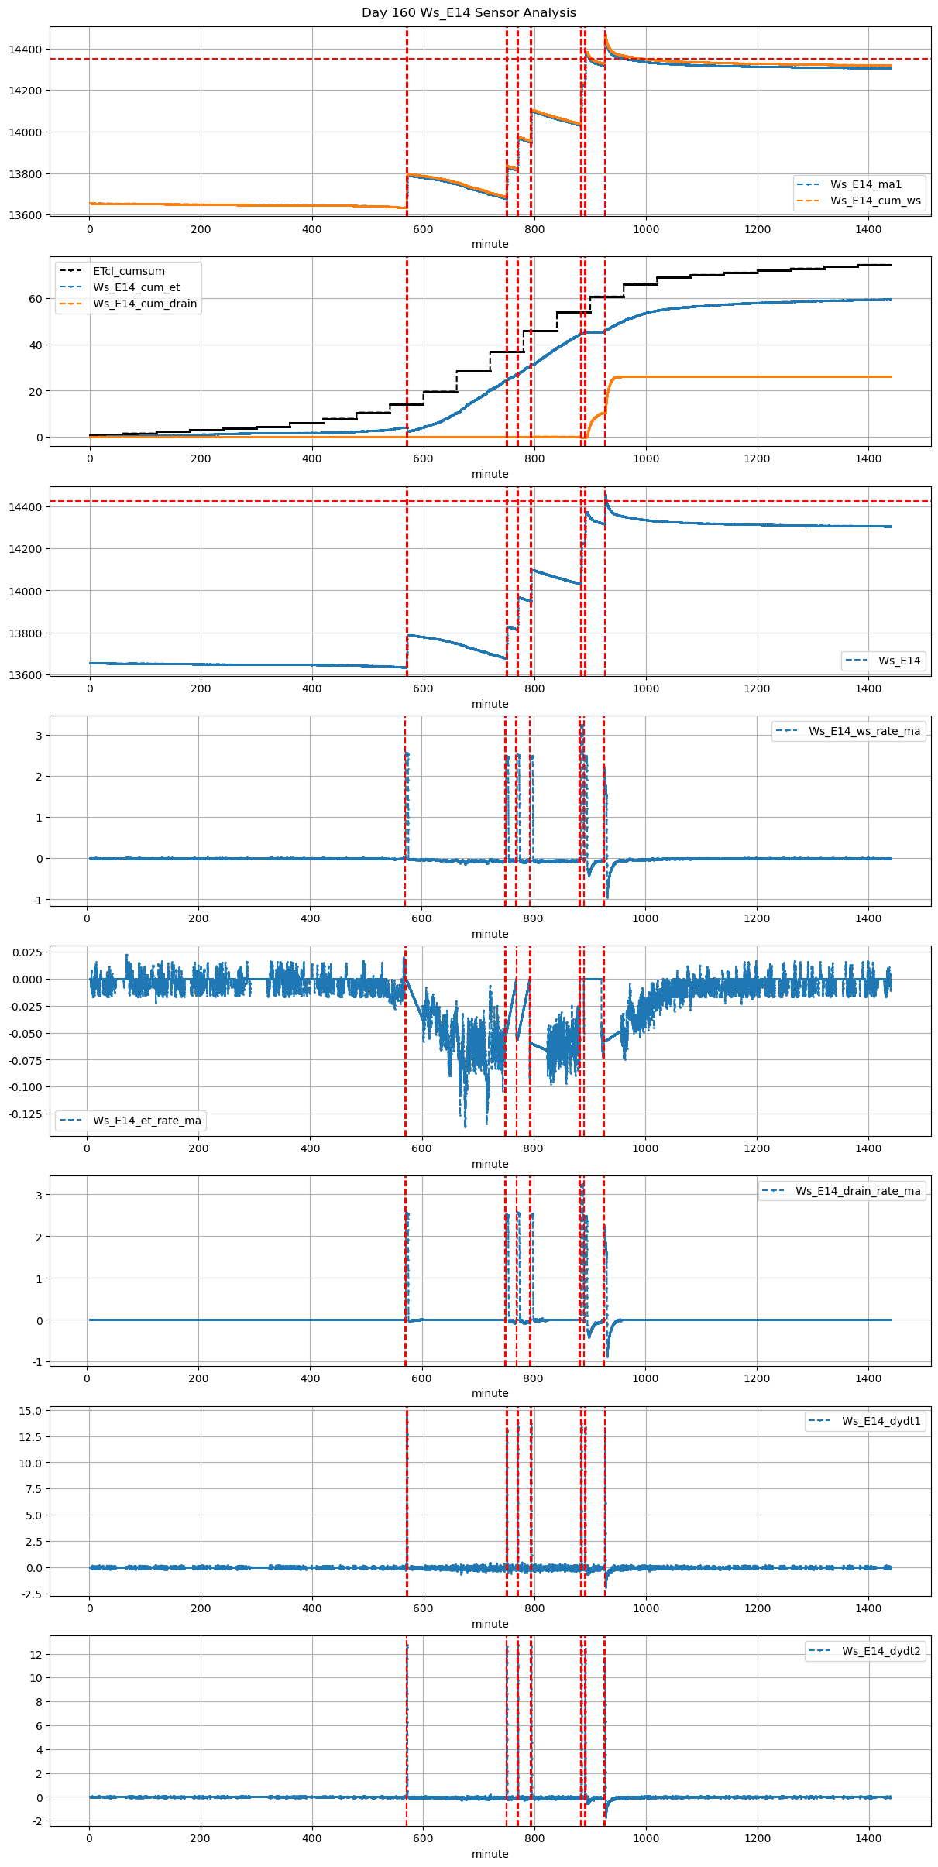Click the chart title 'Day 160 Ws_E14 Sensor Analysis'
(x=469, y=12)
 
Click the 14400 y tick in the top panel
(x=26, y=50)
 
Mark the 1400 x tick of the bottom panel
(x=868, y=1838)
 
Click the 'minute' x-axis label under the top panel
(x=490, y=244)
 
